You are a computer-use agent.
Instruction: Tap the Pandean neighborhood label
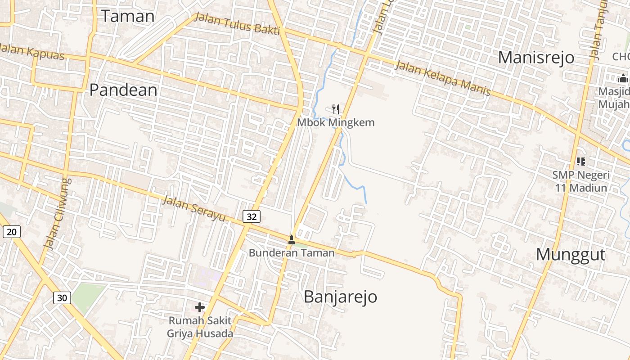123,90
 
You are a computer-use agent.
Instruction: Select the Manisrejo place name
536,58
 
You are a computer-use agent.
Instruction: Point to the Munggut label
571,255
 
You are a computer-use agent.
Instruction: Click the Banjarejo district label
340,297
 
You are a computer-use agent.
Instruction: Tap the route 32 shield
252,217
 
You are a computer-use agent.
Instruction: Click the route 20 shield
12,232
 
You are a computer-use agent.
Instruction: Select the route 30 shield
62,297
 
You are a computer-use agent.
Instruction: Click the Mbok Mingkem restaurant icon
335,109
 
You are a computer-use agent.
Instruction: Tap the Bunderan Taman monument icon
292,239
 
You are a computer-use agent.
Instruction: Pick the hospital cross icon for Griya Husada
200,307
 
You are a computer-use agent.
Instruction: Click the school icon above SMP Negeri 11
581,161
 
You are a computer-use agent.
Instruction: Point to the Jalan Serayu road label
193,208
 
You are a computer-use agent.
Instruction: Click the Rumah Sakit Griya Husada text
200,327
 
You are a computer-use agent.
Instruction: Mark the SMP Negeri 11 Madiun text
581,181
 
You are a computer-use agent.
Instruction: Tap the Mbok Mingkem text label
336,122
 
